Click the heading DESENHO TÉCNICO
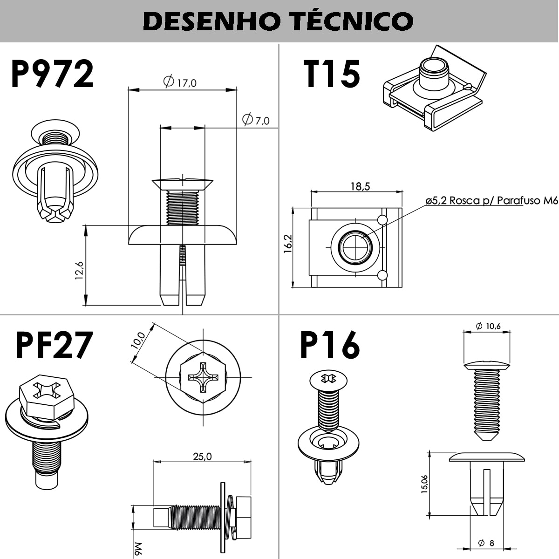coord(278,21)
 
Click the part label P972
coord(52,75)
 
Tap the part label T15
coord(332,75)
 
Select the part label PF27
coord(54,345)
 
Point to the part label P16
coord(330,345)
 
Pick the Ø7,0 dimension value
coord(256,120)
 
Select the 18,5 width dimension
coord(360,186)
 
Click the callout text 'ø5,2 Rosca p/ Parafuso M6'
coord(491,201)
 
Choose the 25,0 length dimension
coord(202,456)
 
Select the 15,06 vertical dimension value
coord(424,484)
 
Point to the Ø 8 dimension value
coord(486,543)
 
